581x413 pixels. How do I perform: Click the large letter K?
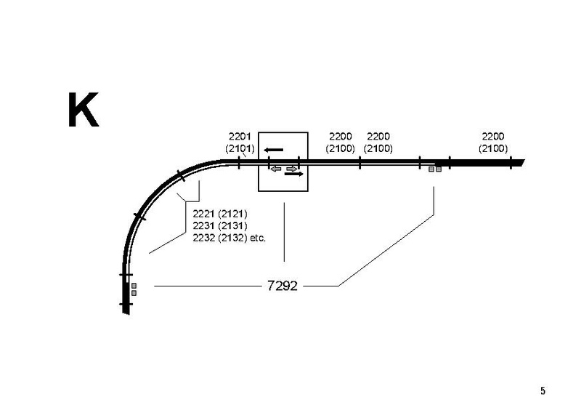click(82, 111)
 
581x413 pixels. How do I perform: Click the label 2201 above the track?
click(239, 137)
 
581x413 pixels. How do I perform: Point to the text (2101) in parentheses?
click(239, 148)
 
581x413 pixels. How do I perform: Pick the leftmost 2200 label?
click(340, 137)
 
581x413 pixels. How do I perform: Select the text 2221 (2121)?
click(220, 214)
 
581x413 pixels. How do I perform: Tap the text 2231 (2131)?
click(220, 225)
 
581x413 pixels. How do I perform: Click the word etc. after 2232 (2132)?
click(258, 237)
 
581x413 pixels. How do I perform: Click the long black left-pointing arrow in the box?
click(274, 151)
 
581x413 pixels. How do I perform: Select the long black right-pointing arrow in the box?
click(294, 174)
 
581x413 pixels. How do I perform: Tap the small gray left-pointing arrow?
click(275, 169)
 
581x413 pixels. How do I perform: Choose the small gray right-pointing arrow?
click(291, 169)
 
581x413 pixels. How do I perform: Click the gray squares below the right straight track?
click(434, 169)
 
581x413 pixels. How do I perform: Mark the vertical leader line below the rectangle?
click(283, 233)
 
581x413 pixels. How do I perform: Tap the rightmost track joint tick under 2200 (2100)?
click(511, 162)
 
